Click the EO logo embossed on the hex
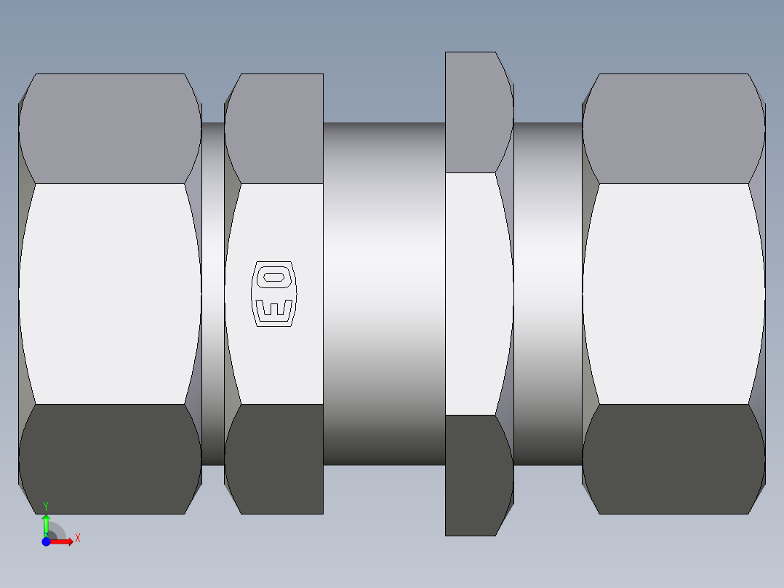274,293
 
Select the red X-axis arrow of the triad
64,541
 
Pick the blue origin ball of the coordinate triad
46,542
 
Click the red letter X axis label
77,538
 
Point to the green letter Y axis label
46,505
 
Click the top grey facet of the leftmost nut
110,128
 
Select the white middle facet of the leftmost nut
110,293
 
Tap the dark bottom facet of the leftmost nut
110,458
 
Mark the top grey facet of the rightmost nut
673,128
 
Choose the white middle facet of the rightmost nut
673,293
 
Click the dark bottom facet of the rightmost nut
673,458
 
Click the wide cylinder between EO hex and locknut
384,293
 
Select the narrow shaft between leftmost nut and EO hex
213,293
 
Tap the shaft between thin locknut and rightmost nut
548,293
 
